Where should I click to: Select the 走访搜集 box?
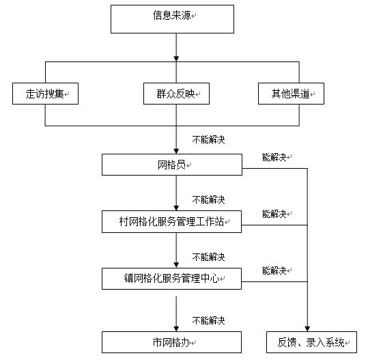click(45, 94)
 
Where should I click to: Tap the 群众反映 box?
click(176, 94)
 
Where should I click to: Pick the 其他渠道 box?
click(290, 94)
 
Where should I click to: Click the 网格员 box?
click(172, 165)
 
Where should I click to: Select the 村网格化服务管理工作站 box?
click(172, 222)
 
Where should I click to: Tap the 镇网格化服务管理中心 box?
click(172, 279)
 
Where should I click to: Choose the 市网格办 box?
click(172, 342)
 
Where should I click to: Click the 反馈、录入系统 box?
click(311, 342)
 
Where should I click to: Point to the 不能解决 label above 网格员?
click(208, 139)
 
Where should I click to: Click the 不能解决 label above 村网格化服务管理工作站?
click(208, 199)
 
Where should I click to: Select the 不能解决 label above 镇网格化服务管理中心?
click(208, 257)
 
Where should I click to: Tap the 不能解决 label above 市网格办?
click(208, 320)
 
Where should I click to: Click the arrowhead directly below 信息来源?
click(176, 57)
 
